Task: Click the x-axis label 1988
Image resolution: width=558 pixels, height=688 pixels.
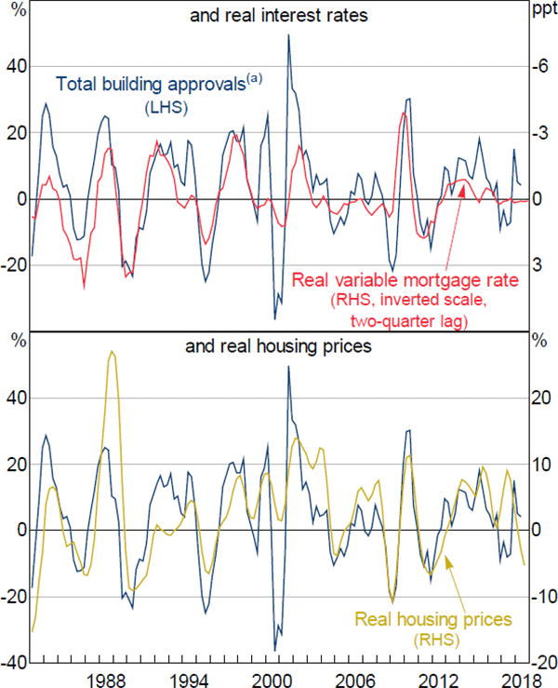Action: pos(110,676)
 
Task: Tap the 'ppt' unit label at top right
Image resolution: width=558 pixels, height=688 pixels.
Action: pos(541,12)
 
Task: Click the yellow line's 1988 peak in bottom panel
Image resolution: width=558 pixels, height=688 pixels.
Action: pos(112,352)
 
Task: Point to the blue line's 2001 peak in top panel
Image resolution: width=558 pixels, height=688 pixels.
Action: pos(289,35)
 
